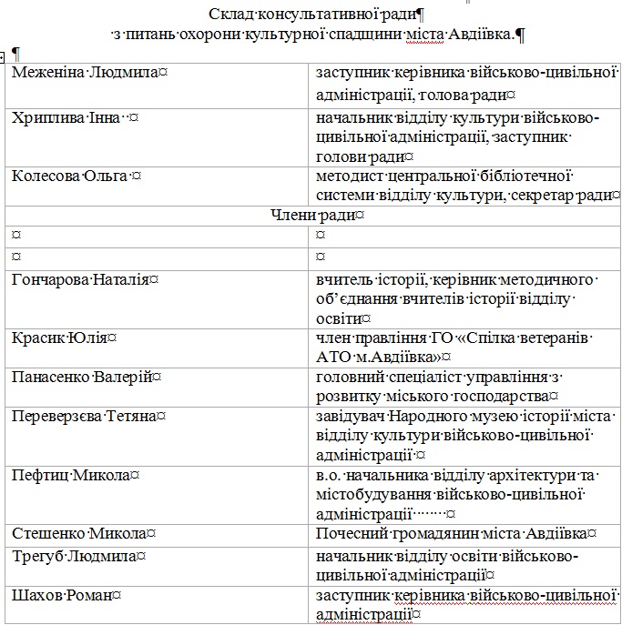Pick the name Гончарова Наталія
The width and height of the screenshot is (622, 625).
pyautogui.click(x=80, y=279)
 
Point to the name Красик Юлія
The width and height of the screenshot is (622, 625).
pyautogui.click(x=59, y=338)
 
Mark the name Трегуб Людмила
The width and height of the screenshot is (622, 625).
pyautogui.click(x=74, y=556)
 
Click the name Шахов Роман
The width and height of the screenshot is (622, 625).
pyautogui.click(x=62, y=596)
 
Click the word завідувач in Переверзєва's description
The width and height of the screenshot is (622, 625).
pyautogui.click(x=352, y=417)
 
